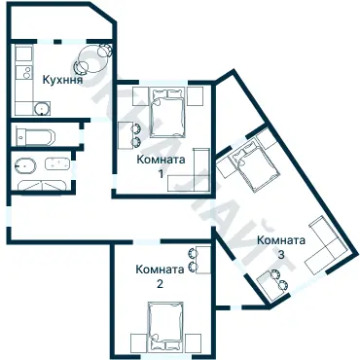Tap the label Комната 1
pos(159,166)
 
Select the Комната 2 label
pos(160,277)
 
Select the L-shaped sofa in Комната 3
pos(325,251)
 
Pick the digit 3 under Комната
pos(281,255)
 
